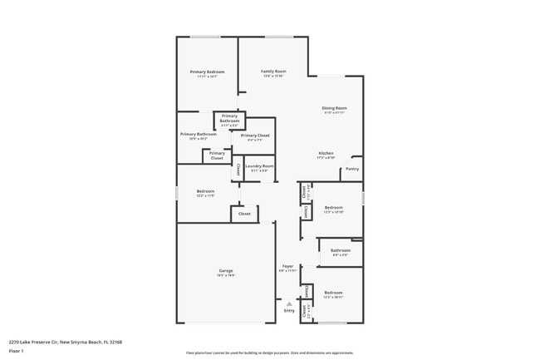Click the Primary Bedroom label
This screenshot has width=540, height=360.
tap(207, 73)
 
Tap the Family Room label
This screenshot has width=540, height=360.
tap(273, 73)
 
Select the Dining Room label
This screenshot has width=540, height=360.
tap(334, 110)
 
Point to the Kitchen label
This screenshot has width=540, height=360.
tap(326, 155)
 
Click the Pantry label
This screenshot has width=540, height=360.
tap(352, 169)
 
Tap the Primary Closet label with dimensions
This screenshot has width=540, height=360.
tap(255, 136)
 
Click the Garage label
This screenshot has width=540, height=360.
tap(225, 272)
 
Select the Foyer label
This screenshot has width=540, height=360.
tap(287, 268)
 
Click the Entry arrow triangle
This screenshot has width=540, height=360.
tap(289, 303)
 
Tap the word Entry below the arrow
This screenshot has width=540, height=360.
tap(289, 311)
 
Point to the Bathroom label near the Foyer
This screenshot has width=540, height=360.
tap(340, 252)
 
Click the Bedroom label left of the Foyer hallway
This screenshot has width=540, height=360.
tap(205, 193)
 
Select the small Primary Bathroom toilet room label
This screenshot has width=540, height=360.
tap(230, 120)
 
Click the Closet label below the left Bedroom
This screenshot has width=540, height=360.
tap(244, 214)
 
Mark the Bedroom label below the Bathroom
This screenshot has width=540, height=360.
tap(333, 294)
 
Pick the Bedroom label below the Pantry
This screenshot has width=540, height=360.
tap(333, 209)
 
